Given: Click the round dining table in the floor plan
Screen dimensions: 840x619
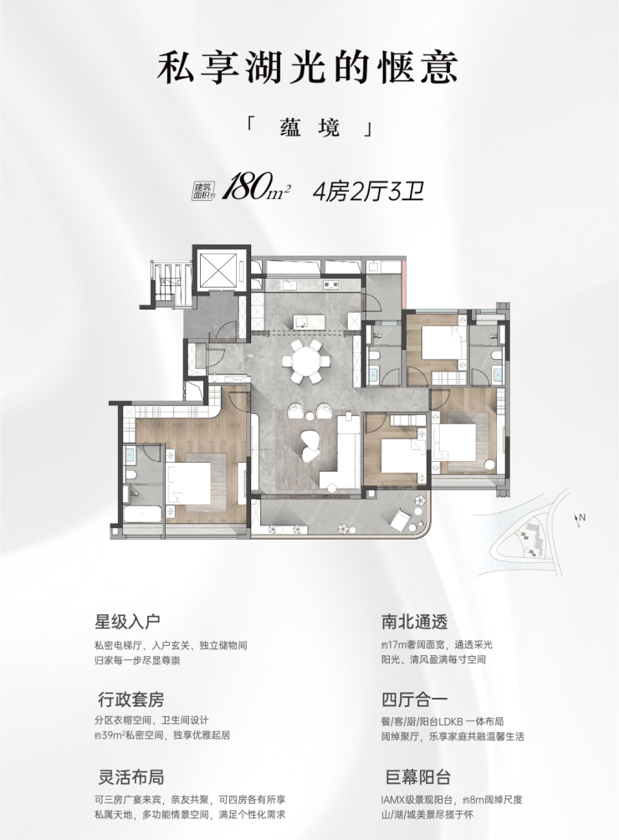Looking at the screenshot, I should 305,359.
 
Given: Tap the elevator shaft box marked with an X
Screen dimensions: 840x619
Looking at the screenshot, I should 220,270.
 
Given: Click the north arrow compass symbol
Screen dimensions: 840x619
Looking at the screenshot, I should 579,519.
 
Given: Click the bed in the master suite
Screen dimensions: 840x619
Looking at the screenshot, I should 188,483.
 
